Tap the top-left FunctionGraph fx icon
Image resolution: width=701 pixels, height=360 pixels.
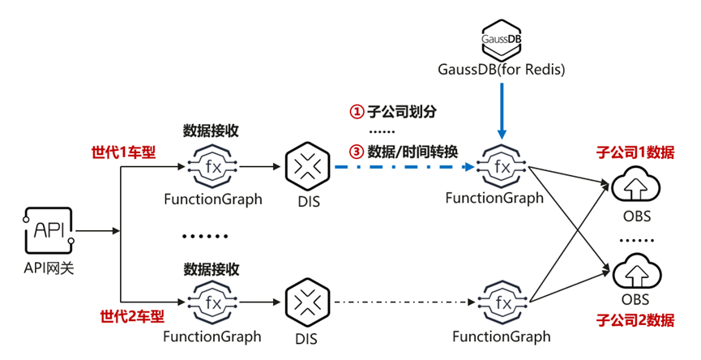(x=212, y=167)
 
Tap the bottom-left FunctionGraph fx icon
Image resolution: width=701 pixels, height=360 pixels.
(x=212, y=302)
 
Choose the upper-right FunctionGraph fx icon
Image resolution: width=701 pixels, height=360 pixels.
(x=502, y=167)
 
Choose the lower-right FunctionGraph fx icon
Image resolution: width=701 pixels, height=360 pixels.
(x=502, y=302)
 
